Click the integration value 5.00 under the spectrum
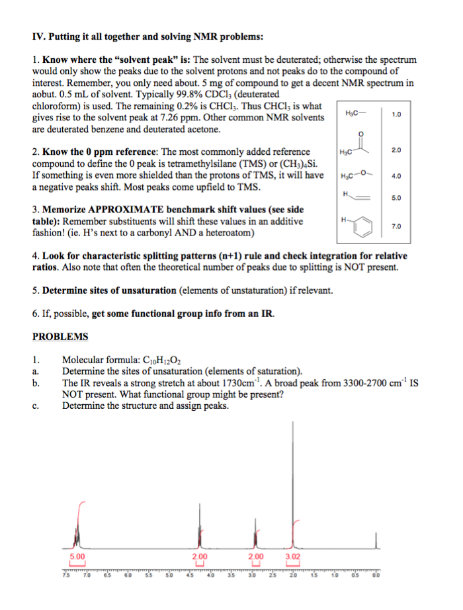coord(77,557)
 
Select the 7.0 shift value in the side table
coord(396,226)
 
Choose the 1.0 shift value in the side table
coord(396,114)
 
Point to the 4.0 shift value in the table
coord(396,176)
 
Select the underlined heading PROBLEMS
coord(60,336)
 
